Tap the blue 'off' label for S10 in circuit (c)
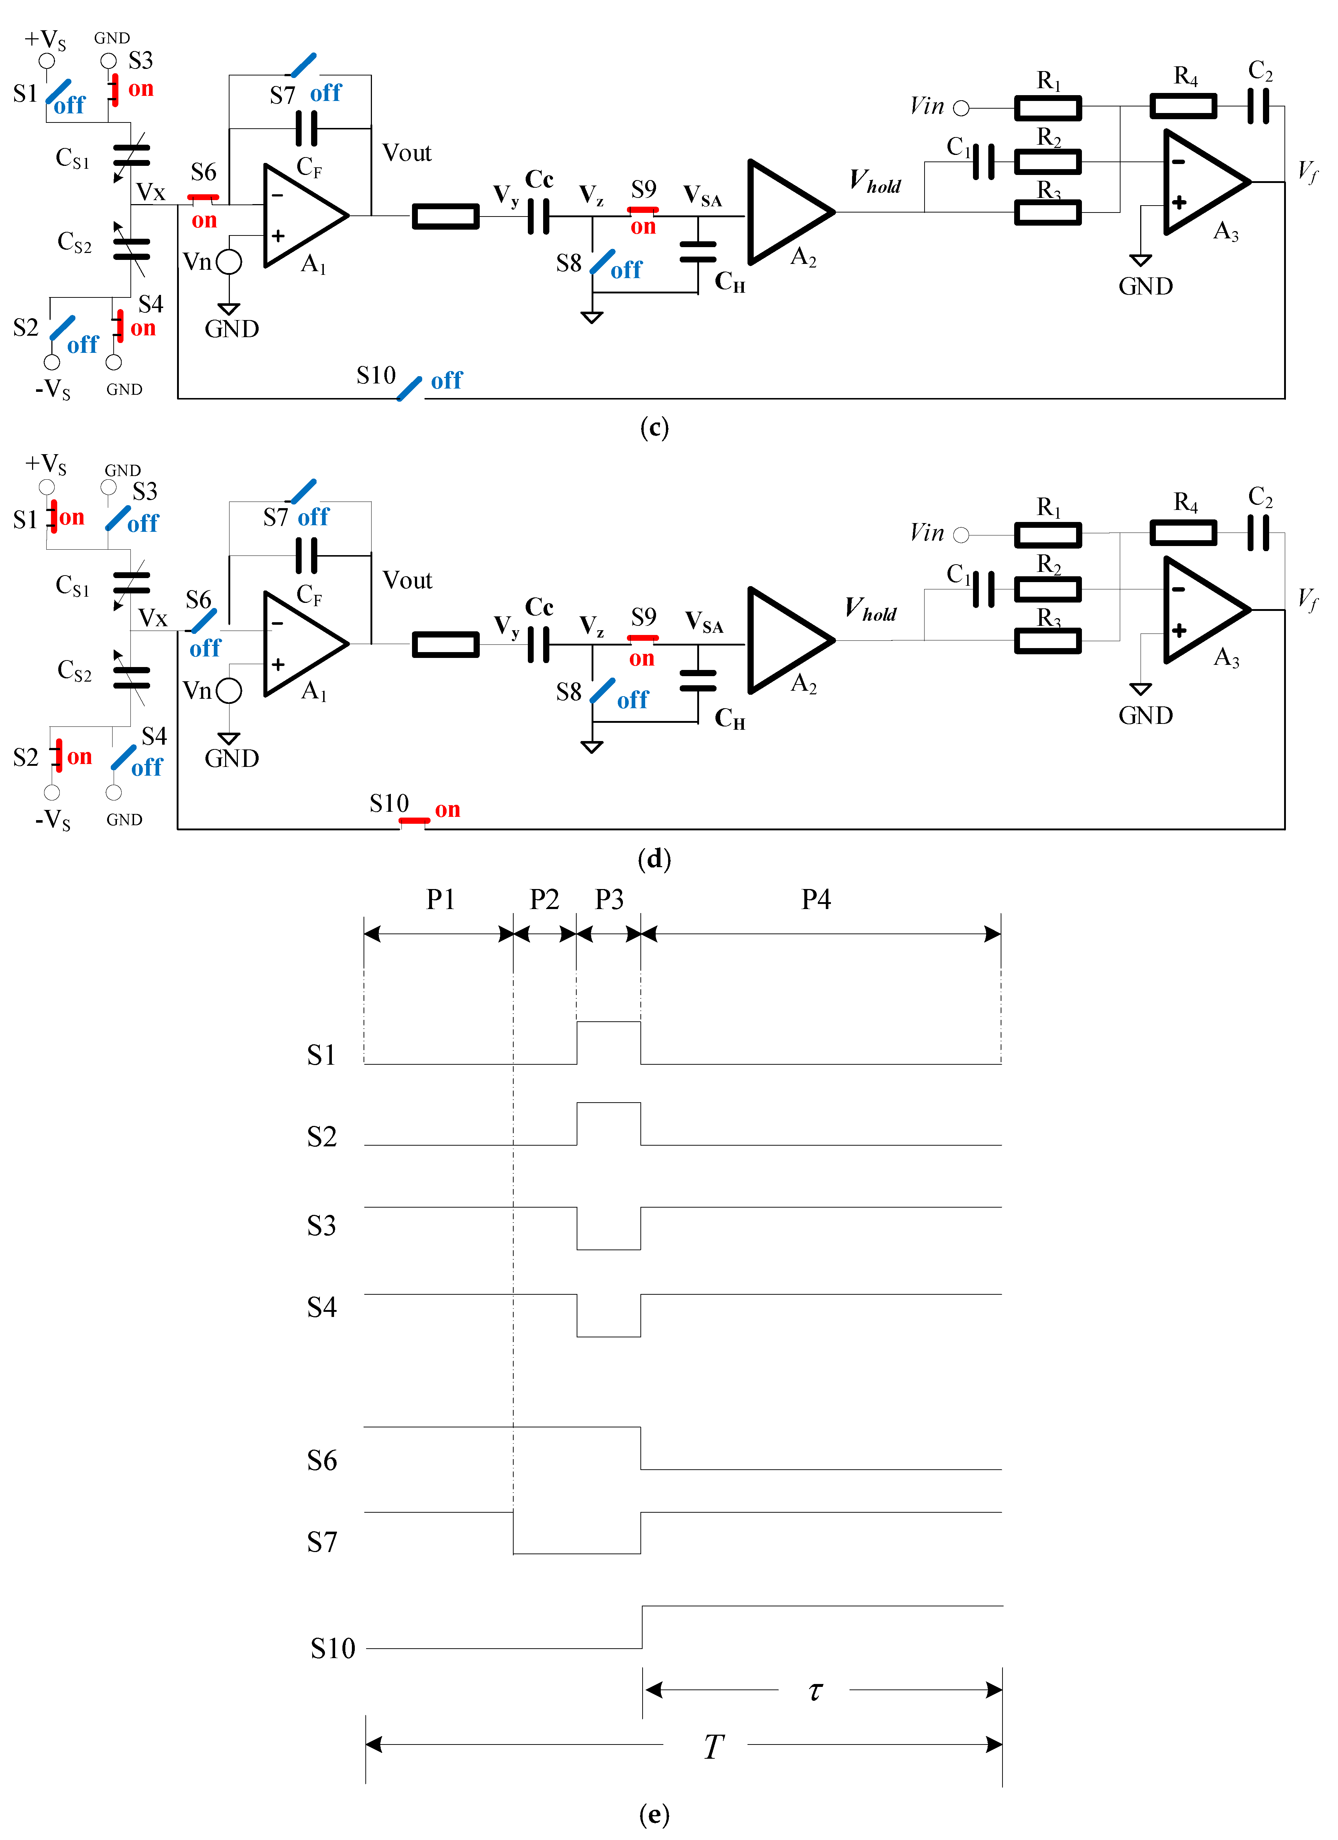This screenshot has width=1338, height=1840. (x=446, y=381)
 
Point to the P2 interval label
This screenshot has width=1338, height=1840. (x=544, y=900)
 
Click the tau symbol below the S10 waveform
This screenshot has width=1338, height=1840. (x=815, y=1691)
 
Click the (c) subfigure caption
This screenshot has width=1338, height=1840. (x=654, y=428)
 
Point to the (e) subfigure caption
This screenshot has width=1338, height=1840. (x=654, y=1814)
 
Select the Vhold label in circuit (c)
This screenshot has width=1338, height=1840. (x=875, y=182)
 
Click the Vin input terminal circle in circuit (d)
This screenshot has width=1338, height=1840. (x=961, y=535)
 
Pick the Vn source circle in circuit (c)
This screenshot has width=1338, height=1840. (x=229, y=262)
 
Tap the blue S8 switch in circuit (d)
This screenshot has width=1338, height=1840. (x=603, y=691)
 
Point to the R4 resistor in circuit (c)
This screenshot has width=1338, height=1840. (x=1183, y=106)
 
